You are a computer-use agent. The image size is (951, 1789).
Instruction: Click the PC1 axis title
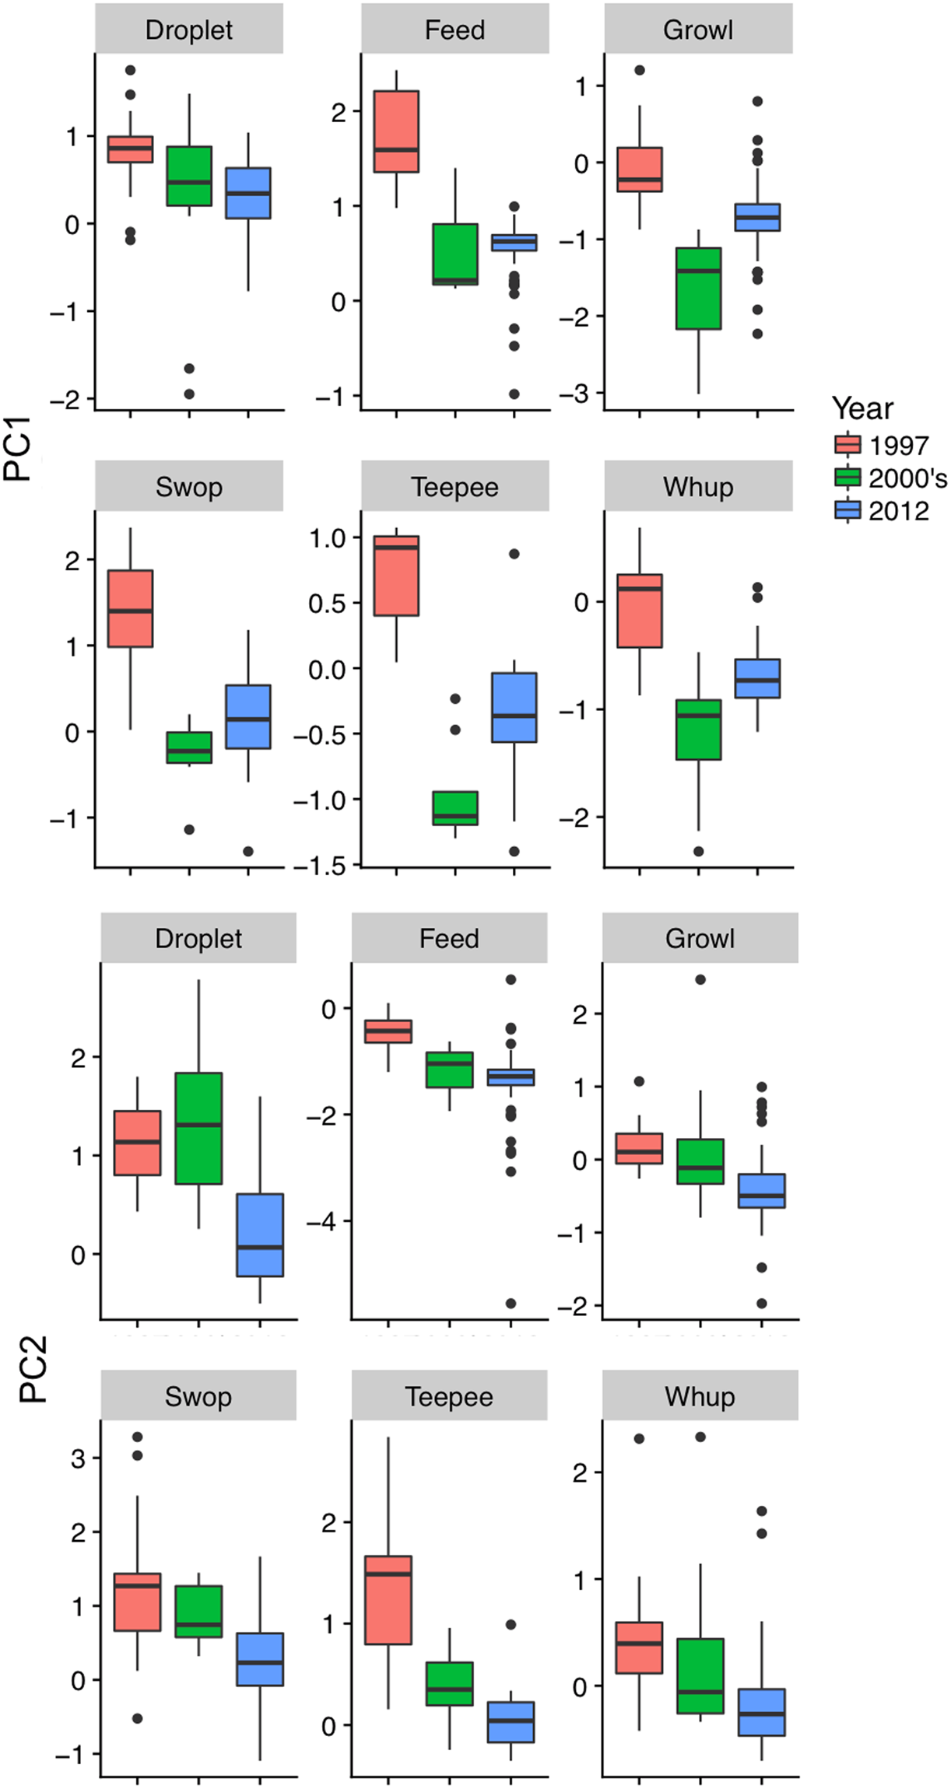[17, 449]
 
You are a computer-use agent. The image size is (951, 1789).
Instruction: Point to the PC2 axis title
[33, 1370]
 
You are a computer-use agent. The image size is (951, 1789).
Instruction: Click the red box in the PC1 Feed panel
[396, 131]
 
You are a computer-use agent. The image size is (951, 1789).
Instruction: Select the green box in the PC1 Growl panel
[698, 289]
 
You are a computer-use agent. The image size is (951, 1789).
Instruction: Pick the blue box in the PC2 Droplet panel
[260, 1235]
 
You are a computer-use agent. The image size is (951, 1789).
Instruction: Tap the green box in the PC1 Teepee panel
[455, 807]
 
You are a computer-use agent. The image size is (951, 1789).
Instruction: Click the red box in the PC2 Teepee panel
[388, 1600]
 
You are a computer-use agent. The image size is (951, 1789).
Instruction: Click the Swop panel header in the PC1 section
[189, 486]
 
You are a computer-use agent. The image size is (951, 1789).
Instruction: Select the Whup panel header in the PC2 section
[700, 1396]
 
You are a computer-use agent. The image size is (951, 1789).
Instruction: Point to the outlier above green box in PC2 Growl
[700, 979]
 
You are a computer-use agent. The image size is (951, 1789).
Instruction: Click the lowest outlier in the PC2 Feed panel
[511, 1303]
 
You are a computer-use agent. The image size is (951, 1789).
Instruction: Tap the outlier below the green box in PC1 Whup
[698, 851]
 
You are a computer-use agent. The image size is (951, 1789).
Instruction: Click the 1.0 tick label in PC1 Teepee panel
[328, 538]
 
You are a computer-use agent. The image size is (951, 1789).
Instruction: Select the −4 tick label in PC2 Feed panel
[321, 1222]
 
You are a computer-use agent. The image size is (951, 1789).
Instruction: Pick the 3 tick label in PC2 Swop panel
[78, 1458]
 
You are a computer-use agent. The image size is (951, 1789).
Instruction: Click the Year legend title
[862, 408]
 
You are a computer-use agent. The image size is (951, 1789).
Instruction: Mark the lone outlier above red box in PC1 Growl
[640, 70]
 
